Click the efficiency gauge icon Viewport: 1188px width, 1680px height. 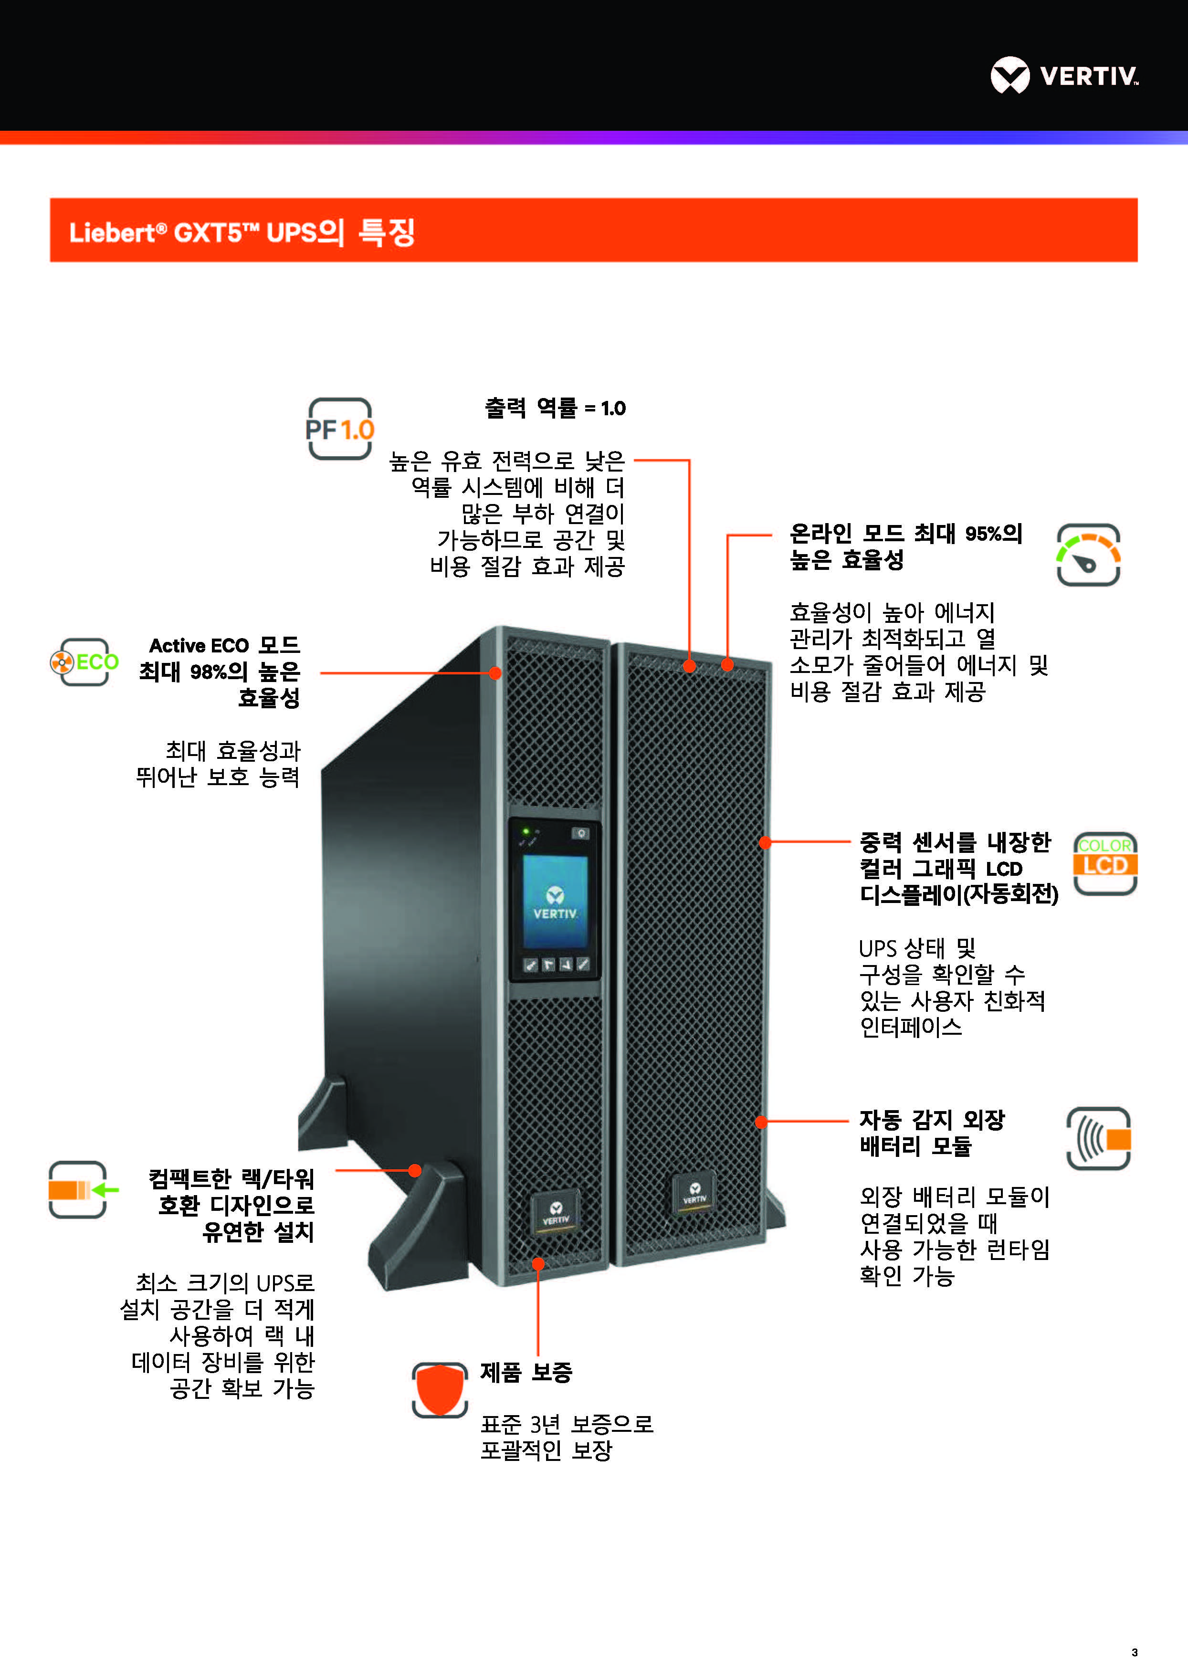click(1088, 555)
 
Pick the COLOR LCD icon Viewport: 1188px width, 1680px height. click(1104, 863)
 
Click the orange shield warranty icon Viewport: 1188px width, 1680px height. click(440, 1389)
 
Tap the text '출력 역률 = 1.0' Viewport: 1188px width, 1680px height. click(555, 408)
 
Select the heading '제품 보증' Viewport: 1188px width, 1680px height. click(526, 1372)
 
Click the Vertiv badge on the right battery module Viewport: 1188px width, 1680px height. click(694, 1195)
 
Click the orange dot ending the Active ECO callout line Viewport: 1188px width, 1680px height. click(495, 673)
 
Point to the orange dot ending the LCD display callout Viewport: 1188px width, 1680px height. click(765, 842)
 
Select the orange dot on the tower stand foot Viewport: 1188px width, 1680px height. click(415, 1170)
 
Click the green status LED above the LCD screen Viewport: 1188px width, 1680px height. click(525, 832)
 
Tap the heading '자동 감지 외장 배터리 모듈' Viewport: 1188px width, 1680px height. click(932, 1132)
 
